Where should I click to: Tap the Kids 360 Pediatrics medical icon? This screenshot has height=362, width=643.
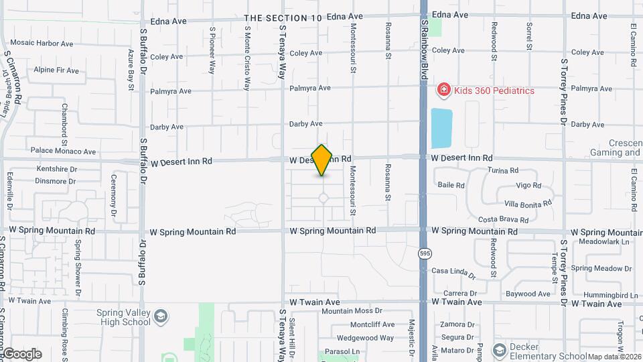point(443,90)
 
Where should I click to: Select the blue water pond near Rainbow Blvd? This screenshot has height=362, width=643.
point(441,128)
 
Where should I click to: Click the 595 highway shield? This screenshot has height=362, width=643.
point(425,253)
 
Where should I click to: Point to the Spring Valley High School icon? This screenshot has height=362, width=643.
point(161,316)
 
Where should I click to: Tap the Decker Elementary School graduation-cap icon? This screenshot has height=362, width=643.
point(499,351)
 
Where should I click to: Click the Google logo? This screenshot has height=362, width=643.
point(22,354)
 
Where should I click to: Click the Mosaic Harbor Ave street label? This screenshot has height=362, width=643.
point(42,44)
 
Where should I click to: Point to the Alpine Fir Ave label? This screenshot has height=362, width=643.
point(56,70)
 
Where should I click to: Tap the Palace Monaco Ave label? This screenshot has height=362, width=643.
point(63,152)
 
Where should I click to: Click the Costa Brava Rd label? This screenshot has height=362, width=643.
point(504,220)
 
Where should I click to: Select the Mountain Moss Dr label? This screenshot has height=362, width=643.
point(352,311)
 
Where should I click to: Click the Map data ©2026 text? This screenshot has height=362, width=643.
point(614,357)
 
